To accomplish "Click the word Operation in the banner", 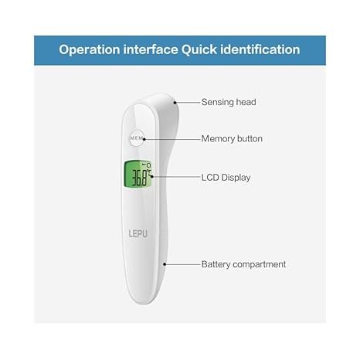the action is (x=90, y=50).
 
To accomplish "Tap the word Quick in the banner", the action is (x=199, y=49).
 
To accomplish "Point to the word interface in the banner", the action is (x=151, y=49).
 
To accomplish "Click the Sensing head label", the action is (x=229, y=102).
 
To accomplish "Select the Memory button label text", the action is (x=232, y=139).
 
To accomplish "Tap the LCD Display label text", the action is (x=226, y=178).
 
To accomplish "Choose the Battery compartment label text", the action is (x=243, y=264).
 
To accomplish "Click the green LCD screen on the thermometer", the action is (x=138, y=175).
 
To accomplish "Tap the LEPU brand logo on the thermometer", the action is (x=138, y=233).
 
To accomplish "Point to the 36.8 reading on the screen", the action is (x=140, y=178).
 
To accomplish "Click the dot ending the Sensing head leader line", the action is (x=175, y=103).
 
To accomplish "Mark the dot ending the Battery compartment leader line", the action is (x=165, y=264).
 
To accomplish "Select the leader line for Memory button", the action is (x=172, y=139).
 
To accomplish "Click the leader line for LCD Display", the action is (x=176, y=177).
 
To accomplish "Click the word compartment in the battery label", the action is (x=260, y=265).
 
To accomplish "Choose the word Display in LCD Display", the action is (x=236, y=178).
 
